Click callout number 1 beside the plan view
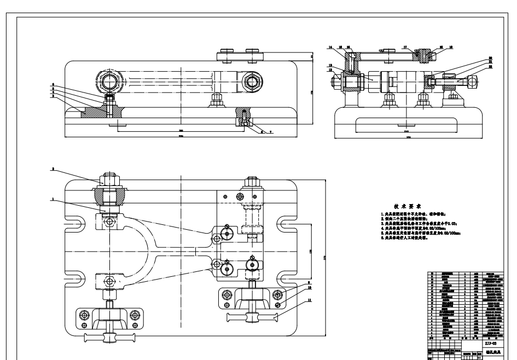[53, 200]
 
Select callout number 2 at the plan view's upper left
[53, 170]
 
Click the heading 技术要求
[406, 206]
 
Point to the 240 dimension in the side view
[405, 132]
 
